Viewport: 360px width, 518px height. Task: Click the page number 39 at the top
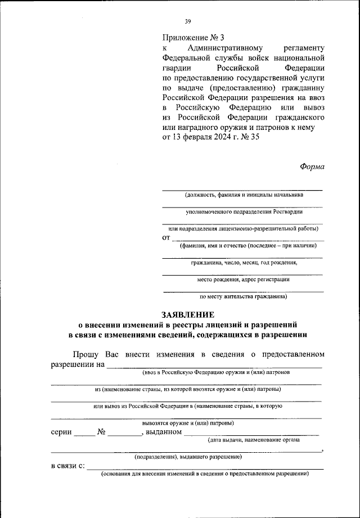click(188, 22)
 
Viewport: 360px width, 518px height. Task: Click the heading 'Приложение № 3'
click(188, 38)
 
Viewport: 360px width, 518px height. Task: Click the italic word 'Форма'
click(312, 166)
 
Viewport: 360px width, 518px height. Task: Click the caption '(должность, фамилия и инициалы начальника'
click(243, 195)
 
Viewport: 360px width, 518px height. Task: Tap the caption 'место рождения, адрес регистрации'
click(244, 279)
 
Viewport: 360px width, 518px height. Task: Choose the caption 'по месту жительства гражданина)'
click(244, 296)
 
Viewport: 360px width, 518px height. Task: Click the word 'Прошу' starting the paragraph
click(85, 354)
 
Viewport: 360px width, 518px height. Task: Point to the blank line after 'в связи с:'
click(205, 467)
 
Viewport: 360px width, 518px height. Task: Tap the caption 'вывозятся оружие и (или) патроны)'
click(188, 422)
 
